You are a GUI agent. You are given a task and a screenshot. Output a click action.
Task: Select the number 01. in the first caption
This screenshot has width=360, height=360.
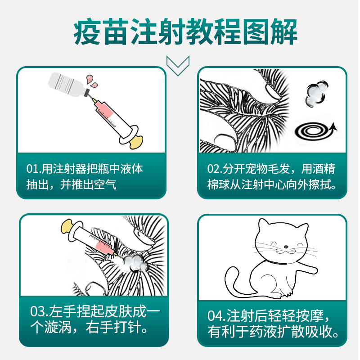click(34, 169)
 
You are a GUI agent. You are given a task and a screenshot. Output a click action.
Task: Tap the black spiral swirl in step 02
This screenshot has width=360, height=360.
click(311, 131)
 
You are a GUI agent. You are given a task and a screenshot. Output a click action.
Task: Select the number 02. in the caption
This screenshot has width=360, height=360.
click(216, 169)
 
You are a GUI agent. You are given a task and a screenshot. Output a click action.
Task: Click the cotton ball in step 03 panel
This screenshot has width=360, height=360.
click(135, 261)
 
